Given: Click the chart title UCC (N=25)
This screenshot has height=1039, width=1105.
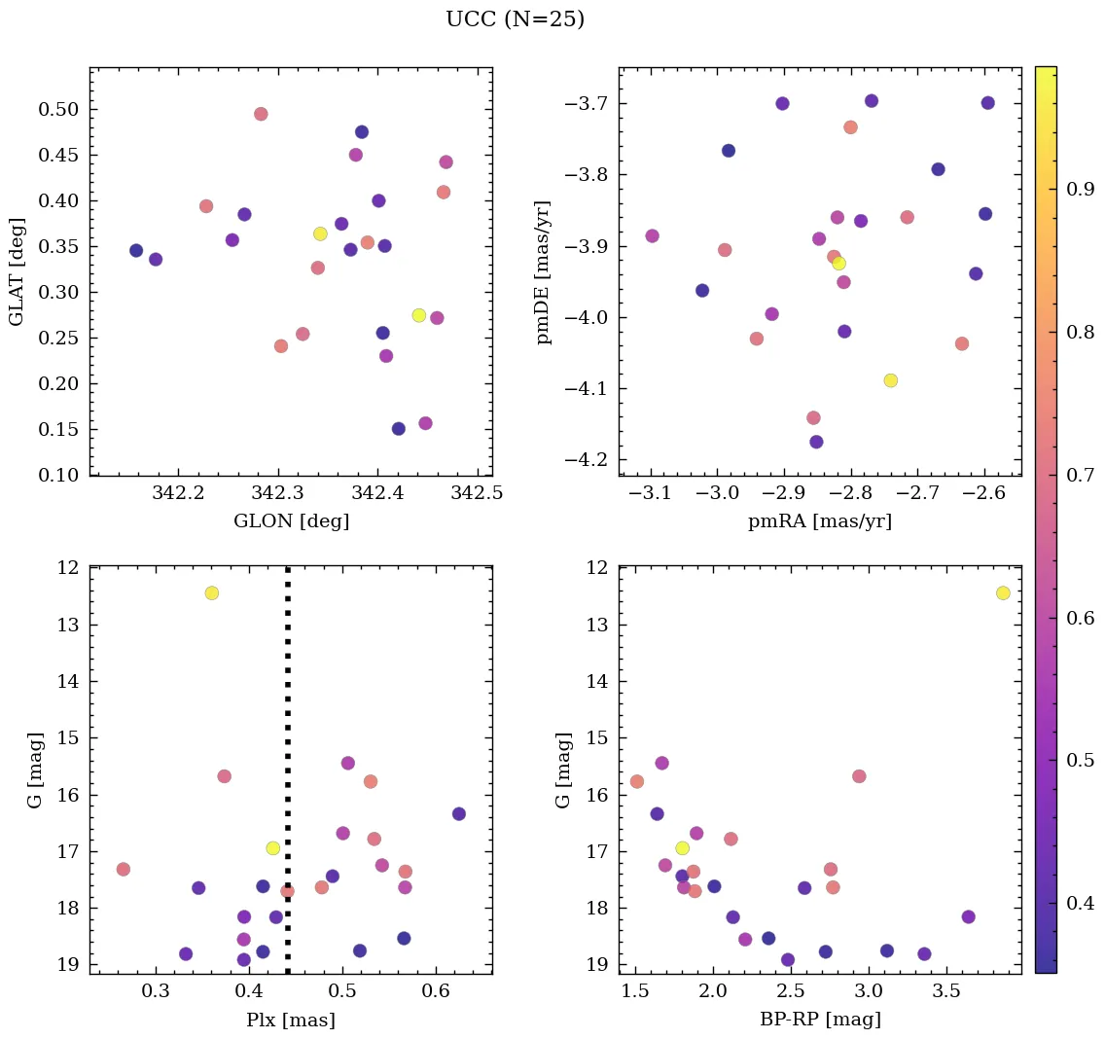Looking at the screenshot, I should pos(515,19).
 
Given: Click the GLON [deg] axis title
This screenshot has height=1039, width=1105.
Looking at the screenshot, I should pos(291,521).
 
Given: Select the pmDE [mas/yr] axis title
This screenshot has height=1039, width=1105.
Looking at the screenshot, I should pos(545,271).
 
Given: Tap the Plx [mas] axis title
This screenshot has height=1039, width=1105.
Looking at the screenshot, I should pos(291,1020).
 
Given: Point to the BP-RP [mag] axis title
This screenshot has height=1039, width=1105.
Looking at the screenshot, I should pos(820,1020).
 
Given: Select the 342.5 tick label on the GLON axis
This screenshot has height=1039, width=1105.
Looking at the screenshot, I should pos(478,494).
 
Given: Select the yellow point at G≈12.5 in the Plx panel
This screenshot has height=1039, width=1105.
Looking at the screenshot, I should pos(212,593).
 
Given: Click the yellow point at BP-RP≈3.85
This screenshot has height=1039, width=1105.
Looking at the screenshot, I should pos(1003,593).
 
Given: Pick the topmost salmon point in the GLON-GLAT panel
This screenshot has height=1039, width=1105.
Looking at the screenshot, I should pos(261,114).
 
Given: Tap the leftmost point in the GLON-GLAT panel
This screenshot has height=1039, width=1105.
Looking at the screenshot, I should pos(136,251).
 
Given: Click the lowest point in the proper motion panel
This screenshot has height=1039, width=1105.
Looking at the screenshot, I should pos(816,442).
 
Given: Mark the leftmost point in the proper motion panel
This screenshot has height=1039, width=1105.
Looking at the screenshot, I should pos(652,235).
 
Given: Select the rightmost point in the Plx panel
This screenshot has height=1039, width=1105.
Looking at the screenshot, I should pos(459,813).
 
